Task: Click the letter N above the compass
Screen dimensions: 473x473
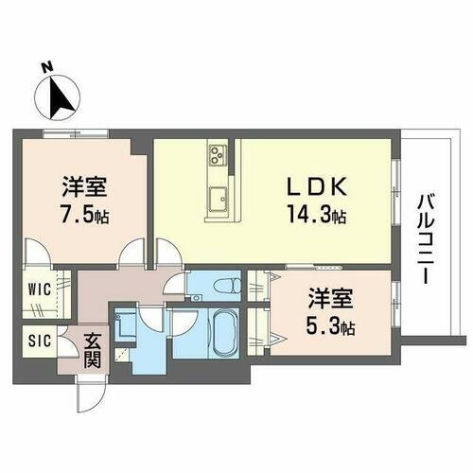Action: click(46, 67)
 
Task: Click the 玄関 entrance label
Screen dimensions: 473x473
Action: click(93, 349)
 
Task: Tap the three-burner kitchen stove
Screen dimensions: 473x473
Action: click(217, 154)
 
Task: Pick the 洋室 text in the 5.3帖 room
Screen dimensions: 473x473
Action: click(330, 302)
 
